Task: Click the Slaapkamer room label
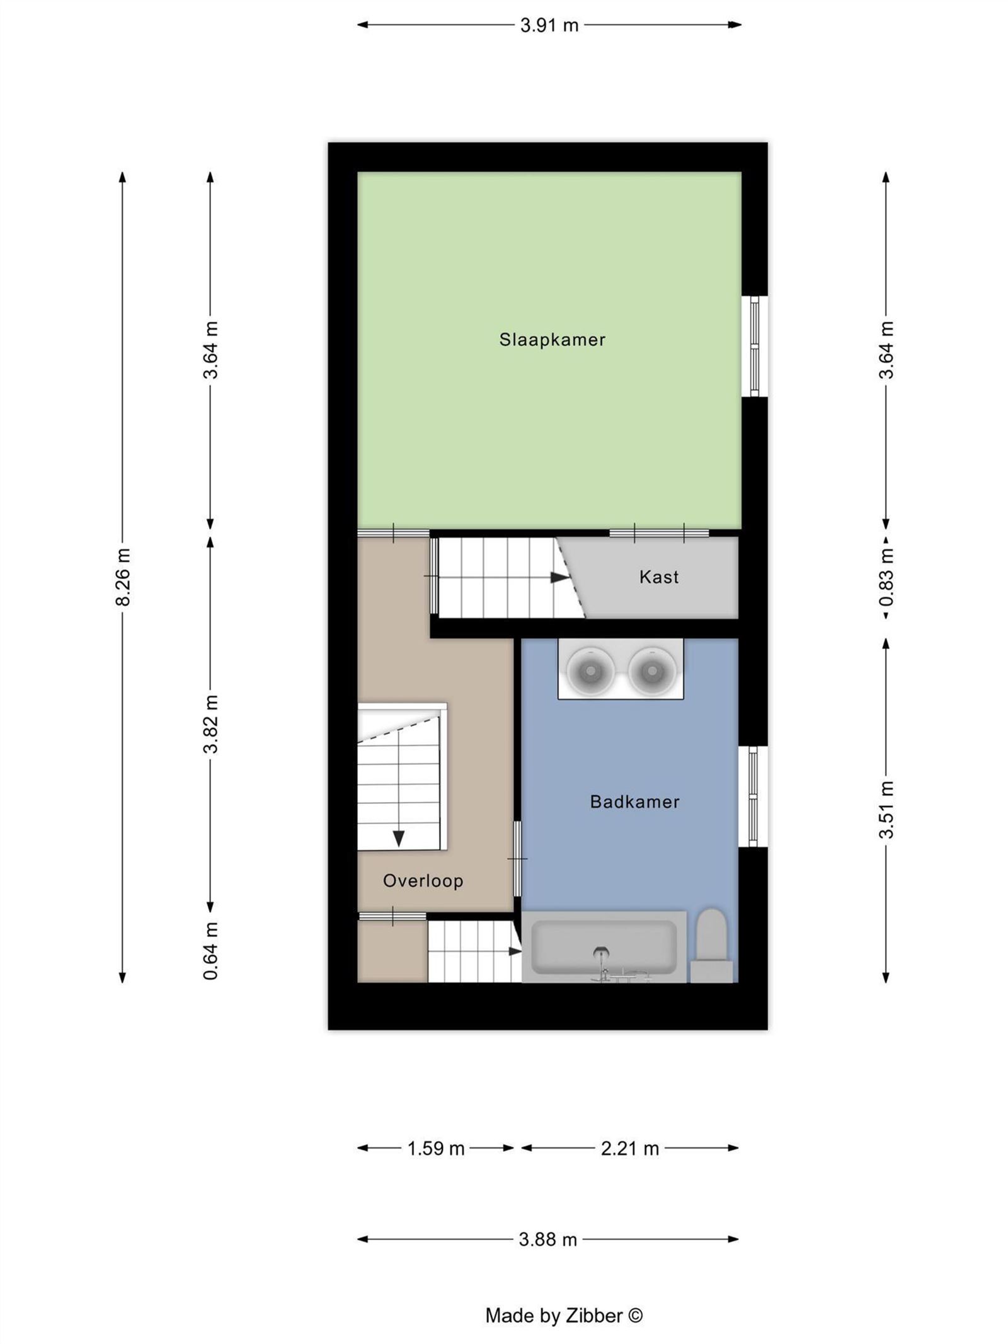coord(552,340)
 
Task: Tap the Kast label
coord(658,577)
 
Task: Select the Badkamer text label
coord(634,801)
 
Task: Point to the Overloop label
coord(423,880)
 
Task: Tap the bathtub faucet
coord(602,962)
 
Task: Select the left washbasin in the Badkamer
coord(590,669)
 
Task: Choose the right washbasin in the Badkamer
coord(651,669)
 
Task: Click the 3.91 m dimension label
coord(549,25)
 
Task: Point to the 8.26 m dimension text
coord(123,577)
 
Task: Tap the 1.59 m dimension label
coord(435,1148)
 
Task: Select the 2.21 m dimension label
coord(629,1148)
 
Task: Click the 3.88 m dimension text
coord(547,1239)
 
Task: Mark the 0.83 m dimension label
coord(886,577)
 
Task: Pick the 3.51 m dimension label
coord(886,810)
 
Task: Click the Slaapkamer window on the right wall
coord(754,346)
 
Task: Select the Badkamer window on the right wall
coord(753,796)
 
